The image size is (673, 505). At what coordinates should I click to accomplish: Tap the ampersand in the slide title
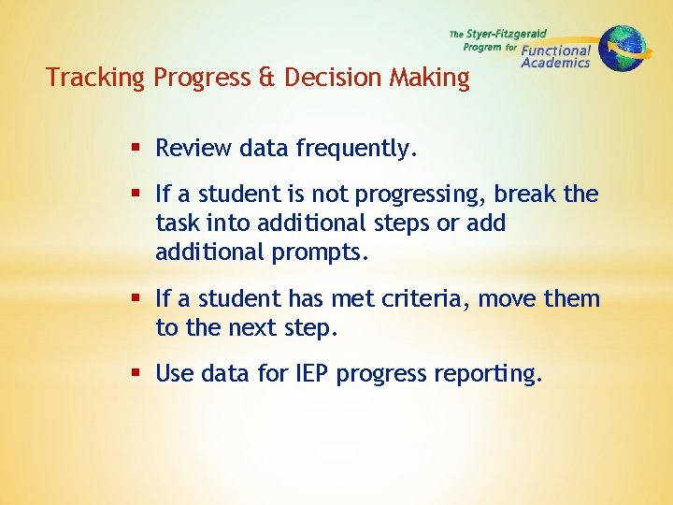[266, 78]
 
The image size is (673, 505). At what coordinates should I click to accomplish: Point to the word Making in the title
[425, 78]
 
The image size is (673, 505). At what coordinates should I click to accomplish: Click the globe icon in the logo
[623, 47]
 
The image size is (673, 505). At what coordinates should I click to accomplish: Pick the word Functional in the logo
[556, 50]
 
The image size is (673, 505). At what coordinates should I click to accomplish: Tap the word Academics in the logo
[555, 64]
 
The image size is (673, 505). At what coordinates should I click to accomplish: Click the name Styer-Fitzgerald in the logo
[506, 34]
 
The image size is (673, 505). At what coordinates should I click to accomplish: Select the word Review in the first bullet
[193, 149]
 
